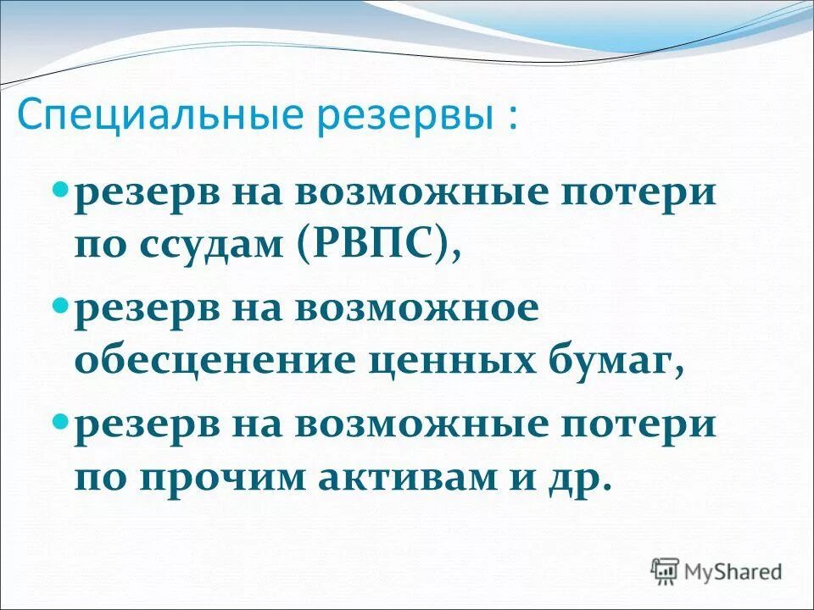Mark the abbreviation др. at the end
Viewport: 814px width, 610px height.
[x=581, y=478]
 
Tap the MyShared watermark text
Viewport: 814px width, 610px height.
[x=733, y=571]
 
